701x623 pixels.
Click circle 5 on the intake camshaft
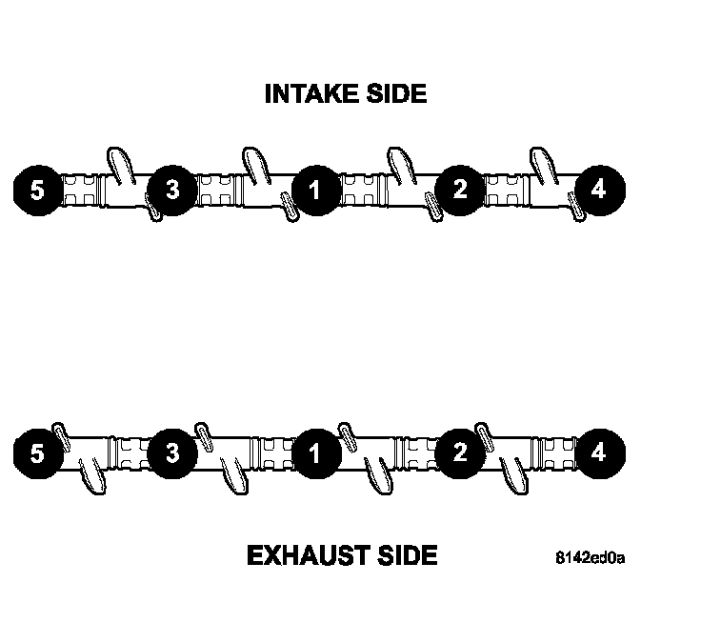(x=37, y=190)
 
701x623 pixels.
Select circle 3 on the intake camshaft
(x=172, y=190)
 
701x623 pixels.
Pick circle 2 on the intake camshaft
(x=460, y=190)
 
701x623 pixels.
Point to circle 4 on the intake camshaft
(x=598, y=190)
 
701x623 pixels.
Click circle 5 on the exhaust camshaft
(x=37, y=452)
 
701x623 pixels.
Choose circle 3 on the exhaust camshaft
(x=172, y=452)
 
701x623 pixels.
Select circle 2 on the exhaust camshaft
(x=460, y=452)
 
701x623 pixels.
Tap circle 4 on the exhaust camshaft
(x=598, y=452)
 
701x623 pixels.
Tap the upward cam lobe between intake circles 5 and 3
(x=117, y=164)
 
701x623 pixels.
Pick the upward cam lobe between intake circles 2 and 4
(x=542, y=164)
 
